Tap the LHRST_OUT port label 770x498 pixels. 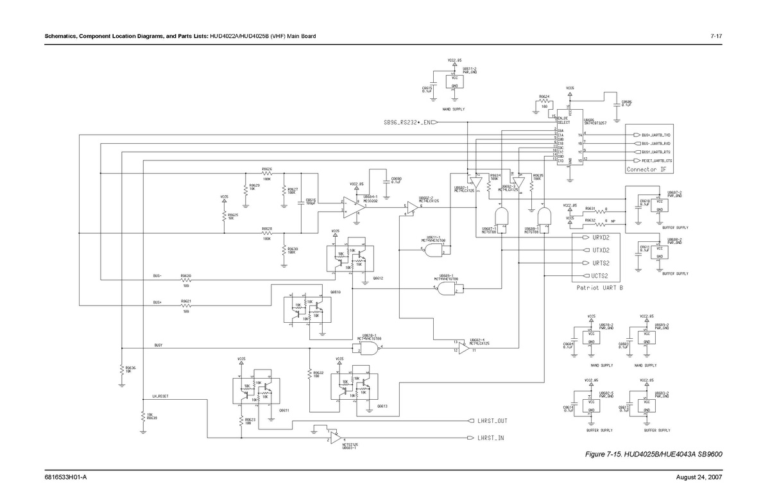tap(492, 421)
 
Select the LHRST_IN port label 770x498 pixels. tap(490, 438)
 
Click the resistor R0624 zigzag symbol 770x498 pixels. tap(543, 101)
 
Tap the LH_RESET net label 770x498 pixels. tap(160, 397)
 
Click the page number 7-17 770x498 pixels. tap(717, 35)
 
